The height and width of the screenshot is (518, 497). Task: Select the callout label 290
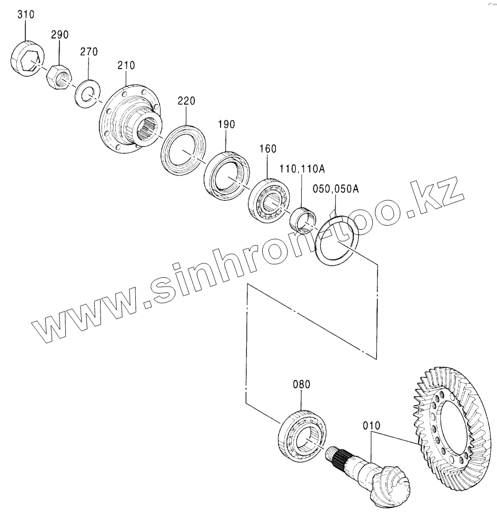[59, 35]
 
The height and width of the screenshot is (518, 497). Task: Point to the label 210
[126, 66]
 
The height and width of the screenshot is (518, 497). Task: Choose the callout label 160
[267, 149]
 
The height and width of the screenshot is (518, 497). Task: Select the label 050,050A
[335, 189]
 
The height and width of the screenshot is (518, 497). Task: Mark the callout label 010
[371, 425]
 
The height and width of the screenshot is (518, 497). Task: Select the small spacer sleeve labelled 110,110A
[301, 219]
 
